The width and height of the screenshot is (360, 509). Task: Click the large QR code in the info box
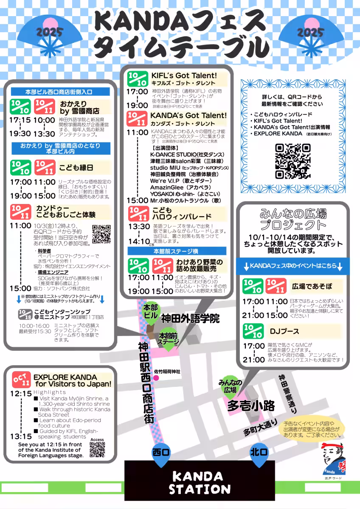(292, 161)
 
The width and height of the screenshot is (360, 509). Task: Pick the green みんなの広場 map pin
(230, 387)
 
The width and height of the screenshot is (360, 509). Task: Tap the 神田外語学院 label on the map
(190, 319)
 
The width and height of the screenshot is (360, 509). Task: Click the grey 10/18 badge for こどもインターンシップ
(25, 314)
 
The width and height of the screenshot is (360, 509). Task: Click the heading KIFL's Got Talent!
(184, 76)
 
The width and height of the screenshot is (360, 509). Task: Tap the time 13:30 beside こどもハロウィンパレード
(139, 227)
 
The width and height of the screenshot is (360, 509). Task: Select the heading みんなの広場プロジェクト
(293, 219)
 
